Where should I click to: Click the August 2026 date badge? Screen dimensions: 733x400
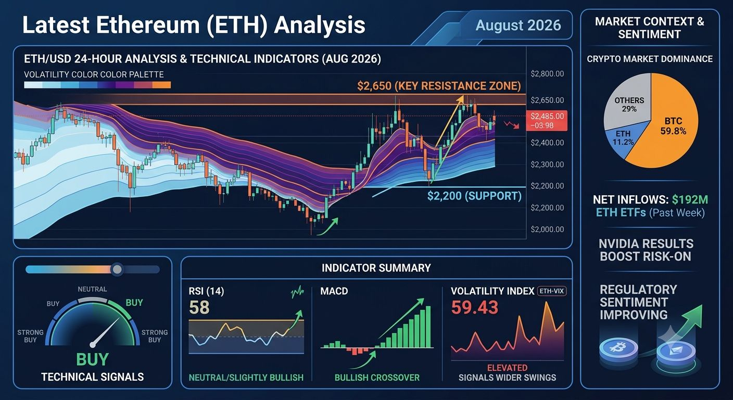[x=518, y=25]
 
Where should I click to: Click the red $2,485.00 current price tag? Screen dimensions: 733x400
[x=547, y=120]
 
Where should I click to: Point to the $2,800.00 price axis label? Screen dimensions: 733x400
[x=547, y=73]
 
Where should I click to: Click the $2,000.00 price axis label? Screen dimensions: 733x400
[x=547, y=229]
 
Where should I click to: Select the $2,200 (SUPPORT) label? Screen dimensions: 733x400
[x=474, y=196]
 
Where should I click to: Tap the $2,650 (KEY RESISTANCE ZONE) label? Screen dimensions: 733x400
[x=439, y=86]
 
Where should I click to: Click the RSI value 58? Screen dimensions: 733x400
[x=199, y=307]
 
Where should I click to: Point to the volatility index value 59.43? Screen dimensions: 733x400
[x=474, y=307]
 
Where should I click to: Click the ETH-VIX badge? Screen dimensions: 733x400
[x=552, y=291]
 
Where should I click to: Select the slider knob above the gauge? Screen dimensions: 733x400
[x=117, y=269]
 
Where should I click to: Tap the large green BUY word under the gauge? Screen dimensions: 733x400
[x=92, y=359]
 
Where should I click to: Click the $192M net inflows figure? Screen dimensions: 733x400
[x=690, y=199]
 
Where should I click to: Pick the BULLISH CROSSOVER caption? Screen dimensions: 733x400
[x=377, y=378]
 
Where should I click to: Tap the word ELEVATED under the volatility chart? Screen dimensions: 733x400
[x=507, y=368]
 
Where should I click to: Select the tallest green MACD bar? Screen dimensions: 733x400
[x=428, y=327]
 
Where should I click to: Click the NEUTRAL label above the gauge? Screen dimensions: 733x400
[x=92, y=289]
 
